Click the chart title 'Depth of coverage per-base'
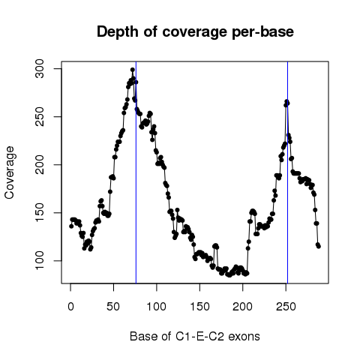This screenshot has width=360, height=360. (x=195, y=32)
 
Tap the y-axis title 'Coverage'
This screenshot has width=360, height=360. (x=10, y=172)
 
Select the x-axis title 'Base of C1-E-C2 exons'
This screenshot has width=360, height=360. (x=195, y=337)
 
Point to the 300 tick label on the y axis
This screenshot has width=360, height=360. (x=40, y=69)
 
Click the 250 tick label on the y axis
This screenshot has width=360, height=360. (x=40, y=117)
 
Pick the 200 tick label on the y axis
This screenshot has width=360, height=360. (x=40, y=165)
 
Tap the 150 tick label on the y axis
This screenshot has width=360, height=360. (x=40, y=213)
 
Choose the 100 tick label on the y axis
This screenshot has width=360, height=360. (x=40, y=261)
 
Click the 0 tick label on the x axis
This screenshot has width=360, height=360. (x=70, y=307)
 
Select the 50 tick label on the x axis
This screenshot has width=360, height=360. (x=113, y=307)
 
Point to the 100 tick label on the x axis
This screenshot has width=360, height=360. (x=157, y=307)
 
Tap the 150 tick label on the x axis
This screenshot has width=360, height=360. (x=199, y=307)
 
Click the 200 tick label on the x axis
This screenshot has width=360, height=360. (x=242, y=307)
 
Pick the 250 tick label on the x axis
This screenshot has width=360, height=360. (x=286, y=307)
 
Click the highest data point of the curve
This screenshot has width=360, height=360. (x=133, y=70)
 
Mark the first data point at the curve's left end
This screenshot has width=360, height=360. (x=71, y=226)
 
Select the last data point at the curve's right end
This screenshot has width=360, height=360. (x=319, y=247)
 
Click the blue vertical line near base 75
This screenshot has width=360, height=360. (x=136, y=172)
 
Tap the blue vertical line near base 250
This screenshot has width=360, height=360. (x=288, y=172)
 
